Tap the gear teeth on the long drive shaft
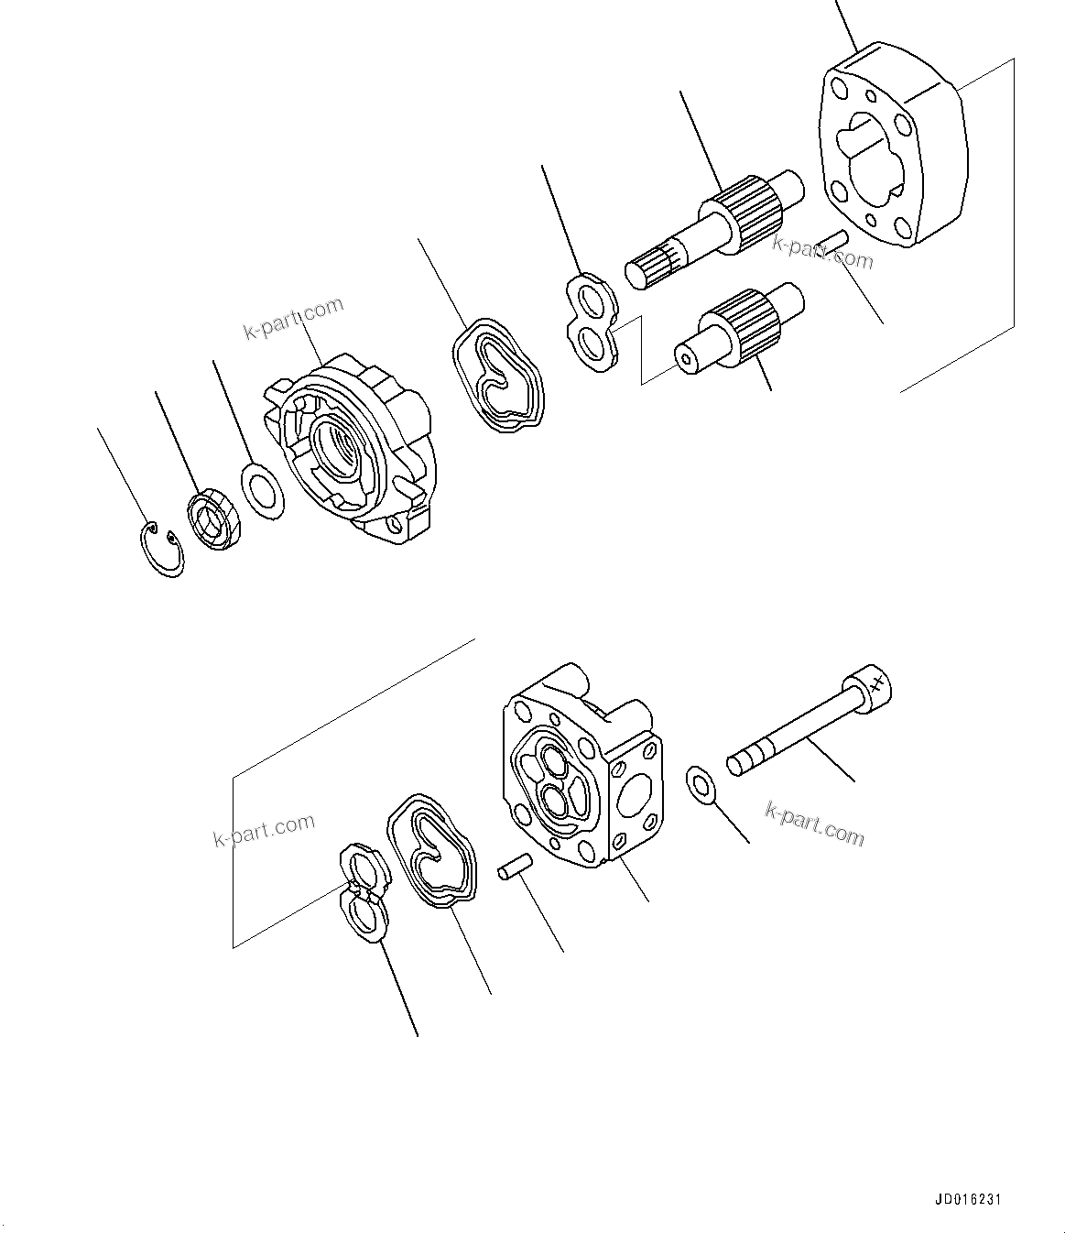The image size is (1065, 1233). click(750, 218)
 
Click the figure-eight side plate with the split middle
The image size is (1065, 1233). click(364, 892)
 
